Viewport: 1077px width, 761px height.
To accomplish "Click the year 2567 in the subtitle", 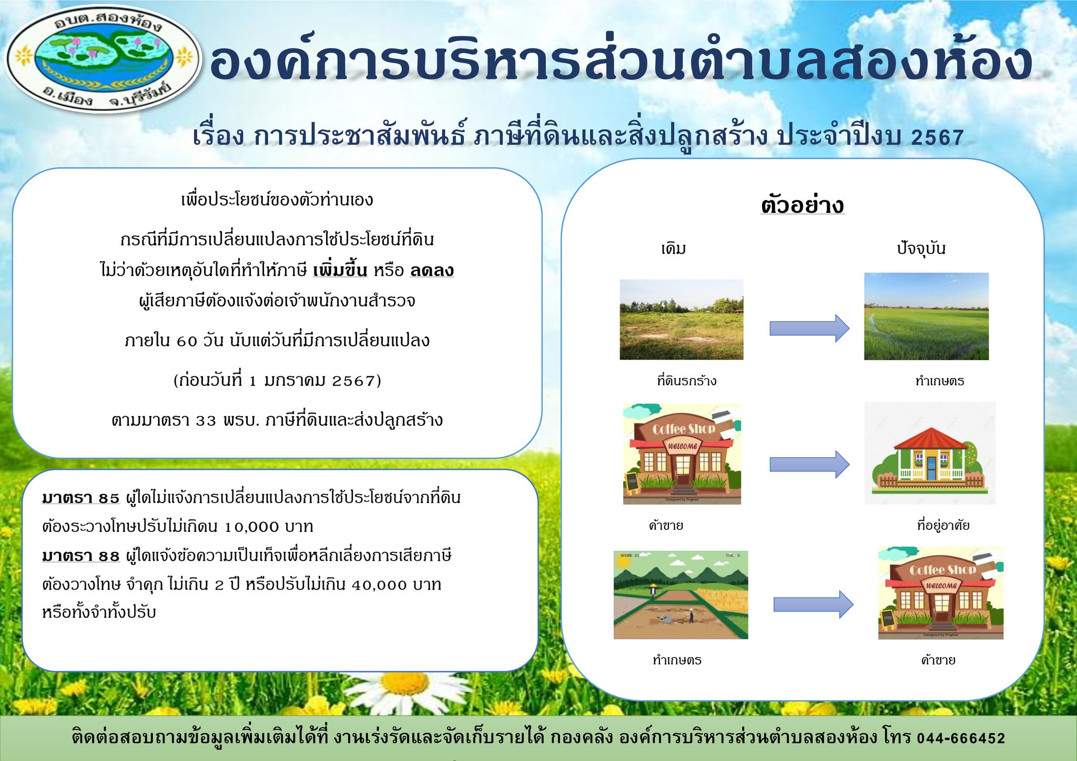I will tap(937, 138).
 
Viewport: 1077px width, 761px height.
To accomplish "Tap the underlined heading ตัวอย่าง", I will tap(802, 205).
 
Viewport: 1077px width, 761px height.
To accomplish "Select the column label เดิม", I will tap(674, 249).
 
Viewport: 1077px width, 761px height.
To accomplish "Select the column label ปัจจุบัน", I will tap(921, 249).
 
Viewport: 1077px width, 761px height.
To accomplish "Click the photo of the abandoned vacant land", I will tap(682, 320).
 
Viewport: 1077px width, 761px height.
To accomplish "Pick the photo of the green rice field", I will tap(926, 316).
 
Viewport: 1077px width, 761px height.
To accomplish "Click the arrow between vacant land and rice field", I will tap(809, 328).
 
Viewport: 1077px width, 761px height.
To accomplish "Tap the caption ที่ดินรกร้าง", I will tap(686, 381).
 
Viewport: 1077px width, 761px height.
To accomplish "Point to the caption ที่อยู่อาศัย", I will tap(943, 525).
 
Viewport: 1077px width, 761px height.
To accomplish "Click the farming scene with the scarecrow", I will tap(680, 595).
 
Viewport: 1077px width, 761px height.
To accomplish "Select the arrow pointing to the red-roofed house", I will tap(809, 465).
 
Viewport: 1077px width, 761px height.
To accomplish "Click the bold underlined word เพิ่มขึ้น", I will tap(340, 271).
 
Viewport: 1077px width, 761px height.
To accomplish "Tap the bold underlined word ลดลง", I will tap(432, 271).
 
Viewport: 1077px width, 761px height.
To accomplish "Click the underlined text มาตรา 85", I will tap(81, 498).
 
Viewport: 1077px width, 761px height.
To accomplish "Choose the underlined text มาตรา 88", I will tap(81, 556).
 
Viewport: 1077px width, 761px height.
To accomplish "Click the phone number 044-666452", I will tap(961, 738).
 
